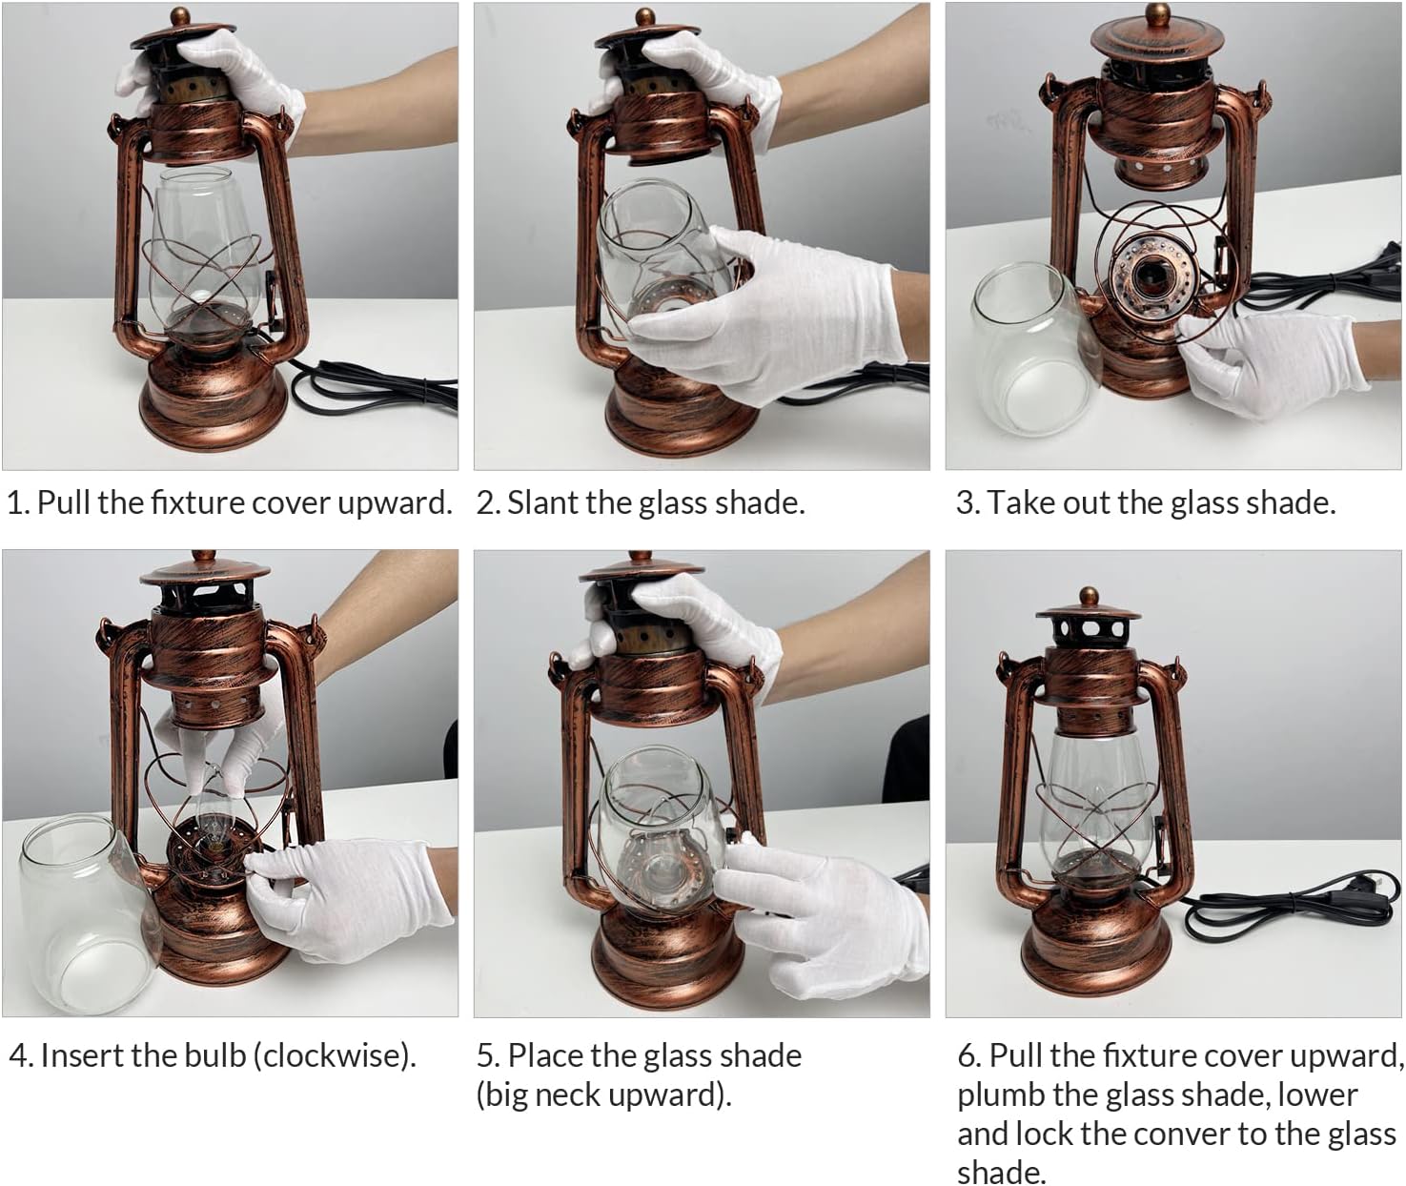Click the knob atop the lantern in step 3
pyautogui.click(x=1158, y=13)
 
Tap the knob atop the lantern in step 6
pyautogui.click(x=1088, y=596)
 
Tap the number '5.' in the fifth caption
pyautogui.click(x=488, y=1056)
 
